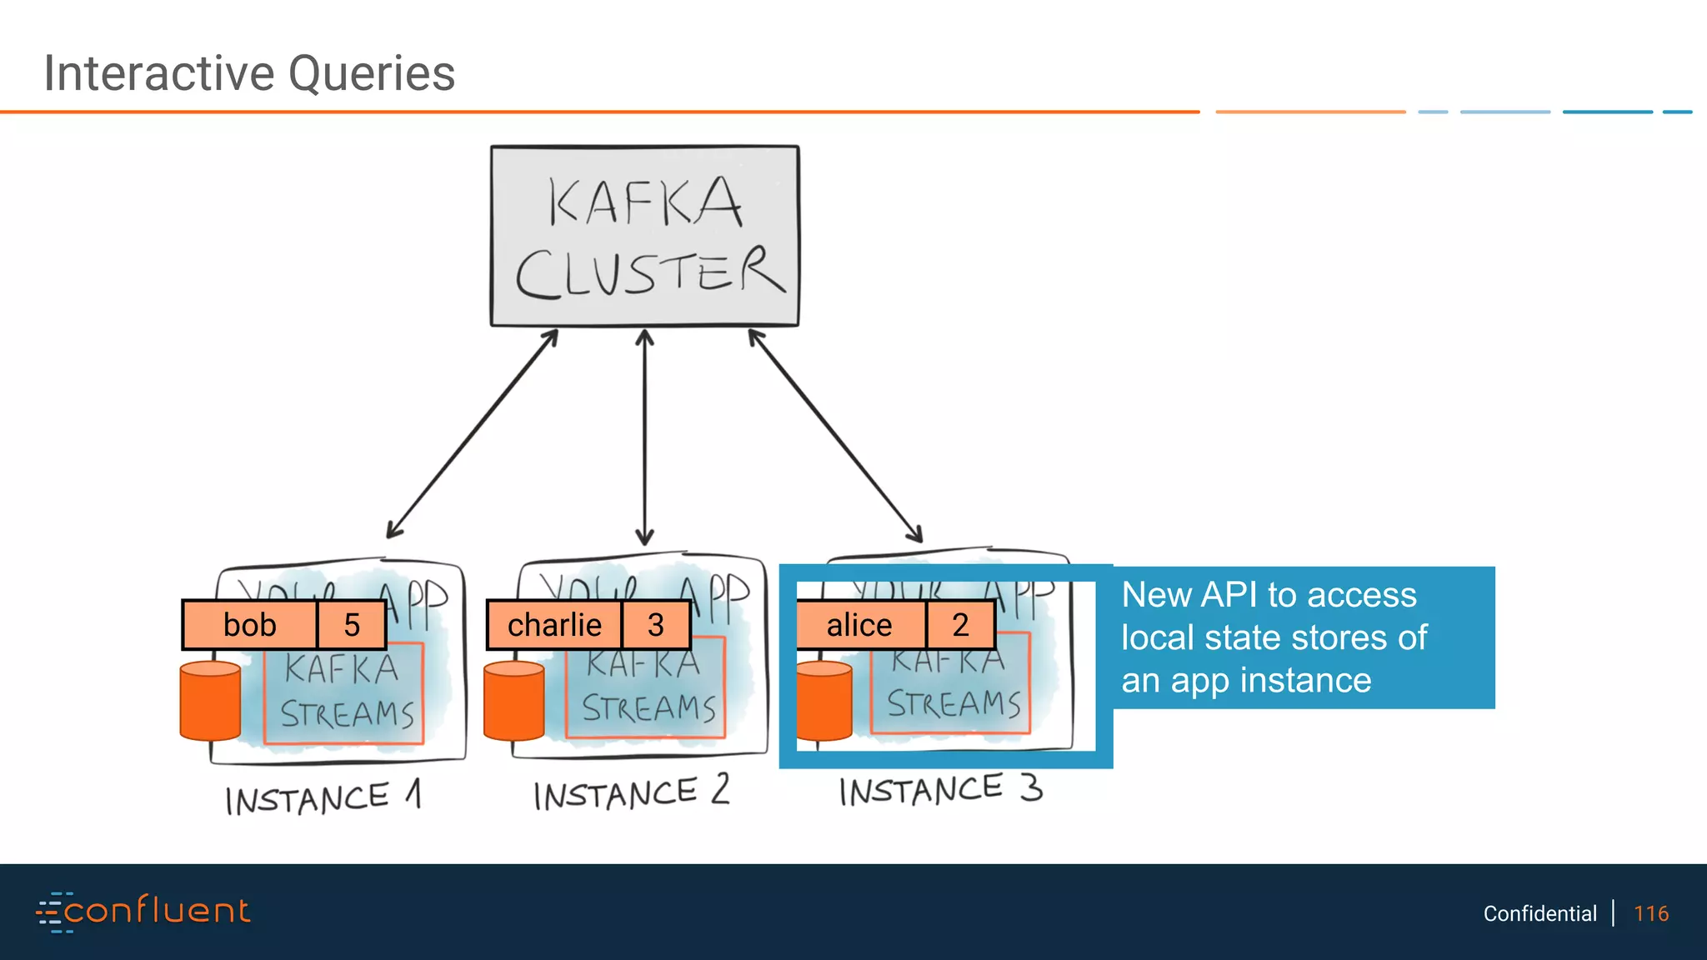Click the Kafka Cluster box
click(644, 236)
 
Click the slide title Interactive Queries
click(249, 73)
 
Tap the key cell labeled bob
click(250, 625)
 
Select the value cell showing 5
click(352, 625)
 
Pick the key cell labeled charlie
click(554, 625)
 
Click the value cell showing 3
click(656, 625)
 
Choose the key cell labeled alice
click(859, 625)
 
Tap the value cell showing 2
click(960, 625)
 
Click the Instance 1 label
click(323, 797)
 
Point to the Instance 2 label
click(631, 792)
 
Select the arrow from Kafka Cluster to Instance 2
click(644, 437)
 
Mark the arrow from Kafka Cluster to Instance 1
click(472, 434)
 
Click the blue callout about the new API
click(1303, 637)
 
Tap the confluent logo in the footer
click(143, 912)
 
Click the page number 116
click(1650, 913)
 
